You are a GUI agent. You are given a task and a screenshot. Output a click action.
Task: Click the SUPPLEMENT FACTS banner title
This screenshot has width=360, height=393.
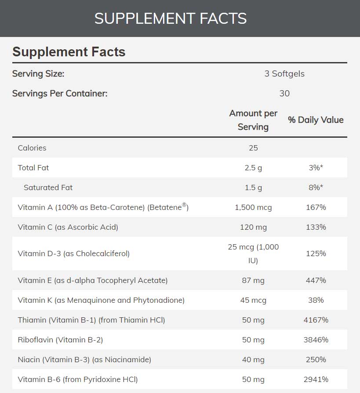(171, 18)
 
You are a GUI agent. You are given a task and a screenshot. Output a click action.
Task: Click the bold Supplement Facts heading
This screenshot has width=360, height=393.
(69, 52)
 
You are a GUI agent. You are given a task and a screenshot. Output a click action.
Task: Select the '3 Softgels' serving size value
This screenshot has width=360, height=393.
(284, 73)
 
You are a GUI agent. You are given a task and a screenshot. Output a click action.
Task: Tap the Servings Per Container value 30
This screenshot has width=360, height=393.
(284, 93)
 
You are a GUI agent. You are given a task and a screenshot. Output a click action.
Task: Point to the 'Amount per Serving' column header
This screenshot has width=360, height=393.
(253, 120)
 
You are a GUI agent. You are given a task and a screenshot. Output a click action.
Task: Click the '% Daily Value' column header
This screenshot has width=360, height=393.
(316, 120)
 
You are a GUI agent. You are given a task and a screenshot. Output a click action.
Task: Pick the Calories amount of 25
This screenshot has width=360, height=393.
(253, 148)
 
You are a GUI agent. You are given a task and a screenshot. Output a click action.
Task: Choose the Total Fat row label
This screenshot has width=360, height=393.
(33, 168)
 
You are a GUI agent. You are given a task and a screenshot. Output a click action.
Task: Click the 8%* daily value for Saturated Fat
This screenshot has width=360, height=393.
(316, 187)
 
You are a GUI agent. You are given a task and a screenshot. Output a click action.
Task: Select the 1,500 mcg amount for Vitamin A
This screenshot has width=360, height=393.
(253, 207)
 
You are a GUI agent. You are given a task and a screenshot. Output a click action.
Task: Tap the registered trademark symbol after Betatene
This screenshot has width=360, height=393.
(185, 205)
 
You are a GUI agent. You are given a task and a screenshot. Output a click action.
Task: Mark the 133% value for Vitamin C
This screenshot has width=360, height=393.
(316, 227)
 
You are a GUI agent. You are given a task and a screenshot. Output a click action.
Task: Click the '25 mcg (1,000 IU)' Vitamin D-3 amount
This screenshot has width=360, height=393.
(253, 253)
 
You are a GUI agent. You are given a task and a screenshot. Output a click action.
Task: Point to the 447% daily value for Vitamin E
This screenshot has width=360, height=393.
(316, 280)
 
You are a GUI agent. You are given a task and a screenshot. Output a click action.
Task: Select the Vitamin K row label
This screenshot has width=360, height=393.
(101, 300)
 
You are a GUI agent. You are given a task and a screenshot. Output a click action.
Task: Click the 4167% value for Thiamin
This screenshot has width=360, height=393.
(316, 320)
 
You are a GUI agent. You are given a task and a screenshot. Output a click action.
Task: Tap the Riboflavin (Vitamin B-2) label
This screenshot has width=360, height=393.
(60, 340)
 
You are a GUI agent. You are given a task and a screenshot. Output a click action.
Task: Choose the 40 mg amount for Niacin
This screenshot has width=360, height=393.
(253, 360)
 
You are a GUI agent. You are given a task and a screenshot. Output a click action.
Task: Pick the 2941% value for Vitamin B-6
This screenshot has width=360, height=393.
(316, 379)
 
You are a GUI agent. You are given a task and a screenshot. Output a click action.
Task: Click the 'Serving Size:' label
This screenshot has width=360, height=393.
(38, 73)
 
